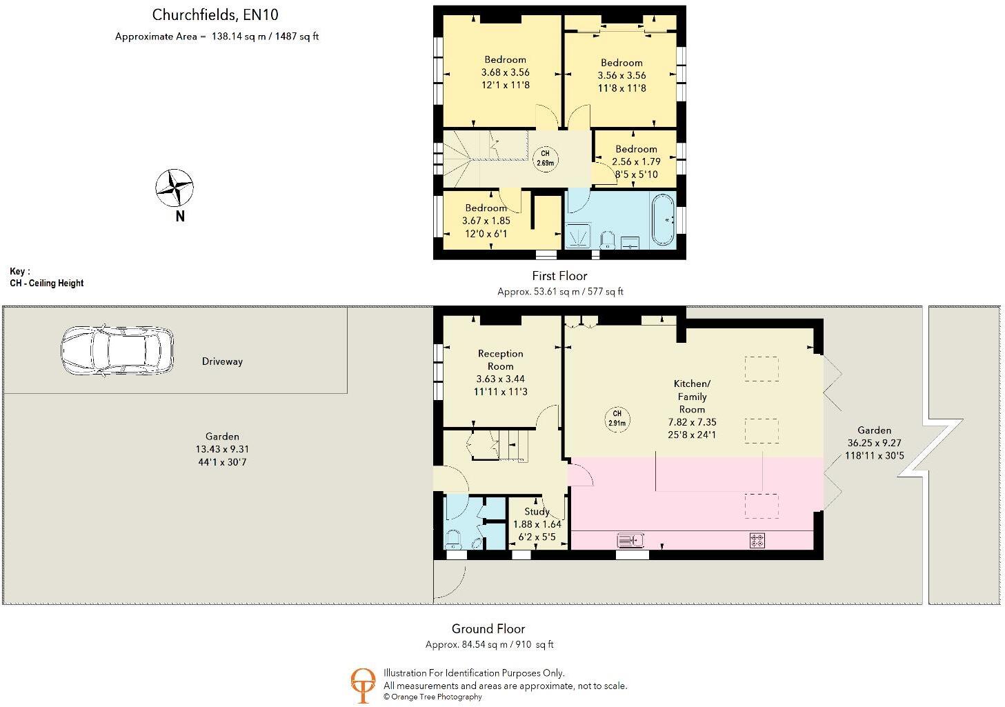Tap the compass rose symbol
click(174, 188)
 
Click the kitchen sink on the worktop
click(630, 540)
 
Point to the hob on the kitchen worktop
click(757, 541)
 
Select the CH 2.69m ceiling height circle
click(545, 158)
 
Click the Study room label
click(537, 511)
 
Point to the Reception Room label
click(500, 359)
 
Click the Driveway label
click(222, 361)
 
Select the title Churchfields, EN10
click(215, 14)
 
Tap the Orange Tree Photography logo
click(363, 685)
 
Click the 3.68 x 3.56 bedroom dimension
click(505, 72)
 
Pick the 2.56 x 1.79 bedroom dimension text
click(636, 161)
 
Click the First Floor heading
click(559, 276)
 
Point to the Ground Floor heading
click(488, 628)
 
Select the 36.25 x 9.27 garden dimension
click(874, 443)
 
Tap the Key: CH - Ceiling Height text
click(47, 277)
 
